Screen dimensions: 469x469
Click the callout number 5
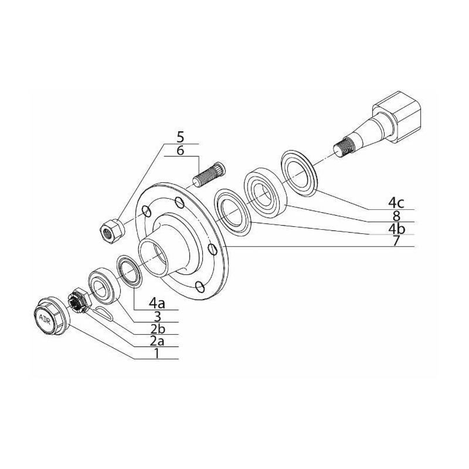[x=181, y=137]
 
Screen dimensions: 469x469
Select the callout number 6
[x=181, y=150]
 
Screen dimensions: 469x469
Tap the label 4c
[x=396, y=203]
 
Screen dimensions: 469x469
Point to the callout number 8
[x=396, y=216]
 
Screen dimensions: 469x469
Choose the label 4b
[x=396, y=229]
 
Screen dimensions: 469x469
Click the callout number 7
[x=396, y=241]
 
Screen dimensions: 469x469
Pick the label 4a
[x=157, y=304]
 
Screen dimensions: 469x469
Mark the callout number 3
[x=157, y=316]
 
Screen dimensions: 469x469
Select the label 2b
[x=157, y=329]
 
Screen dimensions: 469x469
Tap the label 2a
[x=157, y=341]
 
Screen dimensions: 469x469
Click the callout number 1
[x=157, y=354]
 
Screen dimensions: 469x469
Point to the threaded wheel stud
[x=209, y=174]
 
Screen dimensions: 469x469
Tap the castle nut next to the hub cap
[x=78, y=300]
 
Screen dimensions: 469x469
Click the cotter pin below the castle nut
[x=103, y=314]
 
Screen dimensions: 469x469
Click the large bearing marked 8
[x=266, y=192]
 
